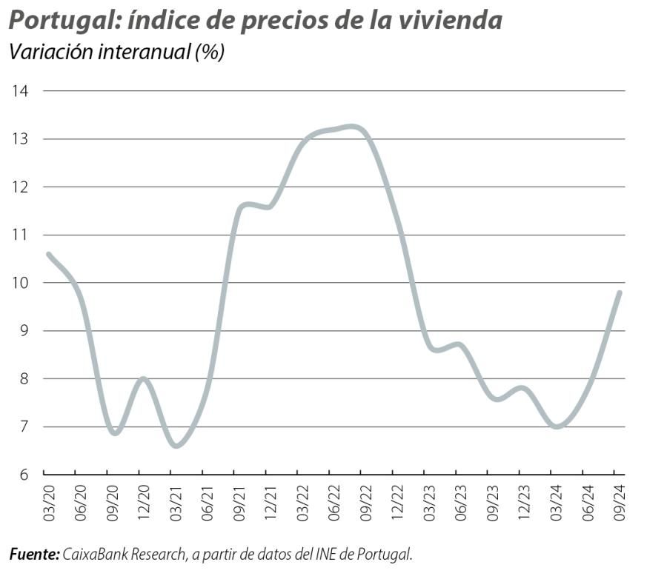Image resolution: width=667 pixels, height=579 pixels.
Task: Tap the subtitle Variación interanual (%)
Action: (x=116, y=53)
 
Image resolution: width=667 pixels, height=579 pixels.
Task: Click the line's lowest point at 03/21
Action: (x=176, y=446)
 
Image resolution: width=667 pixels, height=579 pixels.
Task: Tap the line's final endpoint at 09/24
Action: (x=619, y=292)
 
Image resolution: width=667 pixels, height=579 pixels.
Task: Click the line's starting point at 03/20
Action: (x=49, y=254)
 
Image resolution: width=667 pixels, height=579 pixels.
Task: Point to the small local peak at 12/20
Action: (x=143, y=379)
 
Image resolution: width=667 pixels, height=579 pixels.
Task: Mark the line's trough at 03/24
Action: (x=556, y=426)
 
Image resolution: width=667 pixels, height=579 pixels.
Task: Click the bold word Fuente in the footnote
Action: (x=33, y=554)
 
